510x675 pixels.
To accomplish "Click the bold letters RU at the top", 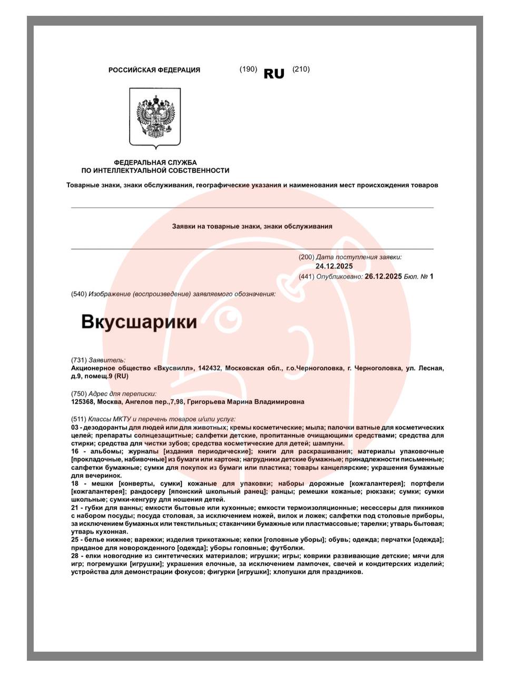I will tap(273, 74).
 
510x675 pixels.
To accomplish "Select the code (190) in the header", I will tap(248, 69).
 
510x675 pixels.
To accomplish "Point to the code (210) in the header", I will tap(301, 69).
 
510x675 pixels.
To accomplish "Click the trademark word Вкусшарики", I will tap(139, 322).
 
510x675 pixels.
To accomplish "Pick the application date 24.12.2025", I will tap(334, 266).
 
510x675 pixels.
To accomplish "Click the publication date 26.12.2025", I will tap(383, 276).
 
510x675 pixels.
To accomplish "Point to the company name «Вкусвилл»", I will tap(174, 368).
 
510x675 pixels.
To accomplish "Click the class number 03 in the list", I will tap(75, 428).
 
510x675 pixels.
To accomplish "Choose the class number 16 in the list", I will tap(75, 451).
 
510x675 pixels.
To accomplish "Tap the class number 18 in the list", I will tap(75, 484).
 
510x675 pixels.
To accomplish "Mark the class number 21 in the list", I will tap(75, 508).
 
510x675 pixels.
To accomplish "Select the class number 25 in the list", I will tap(75, 540).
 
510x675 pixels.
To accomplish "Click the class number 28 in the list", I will tap(75, 556).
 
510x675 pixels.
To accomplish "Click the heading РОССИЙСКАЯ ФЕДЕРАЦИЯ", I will tap(154, 70).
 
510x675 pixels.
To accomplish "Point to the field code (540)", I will tap(79, 294).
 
